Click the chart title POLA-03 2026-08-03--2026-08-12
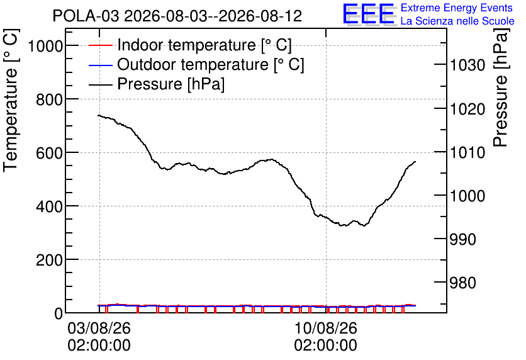coord(177,16)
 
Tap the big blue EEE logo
coord(369,14)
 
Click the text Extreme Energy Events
coord(457,8)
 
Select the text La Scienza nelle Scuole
coord(457,21)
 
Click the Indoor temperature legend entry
coord(190,45)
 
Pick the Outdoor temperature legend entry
coord(196,64)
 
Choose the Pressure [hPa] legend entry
coord(157,84)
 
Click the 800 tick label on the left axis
coord(49,99)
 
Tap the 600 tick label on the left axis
coord(49,153)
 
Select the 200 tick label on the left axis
coord(49,260)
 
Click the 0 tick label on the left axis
coord(59,313)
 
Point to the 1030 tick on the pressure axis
coord(467,65)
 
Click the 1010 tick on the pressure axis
coord(467,153)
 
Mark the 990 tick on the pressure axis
coord(462,240)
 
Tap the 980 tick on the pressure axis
coord(462,283)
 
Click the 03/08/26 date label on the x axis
coord(99,328)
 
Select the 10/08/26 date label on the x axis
coord(326,328)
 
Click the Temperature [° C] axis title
coord(11,101)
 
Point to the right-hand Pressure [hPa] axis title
coord(501,87)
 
